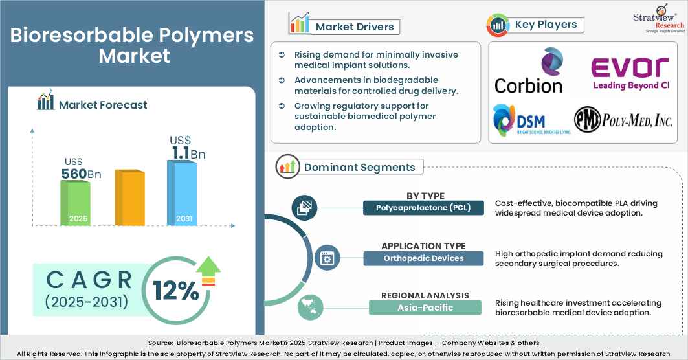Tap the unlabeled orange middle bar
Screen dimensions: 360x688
point(129,198)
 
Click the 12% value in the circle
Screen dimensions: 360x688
point(176,291)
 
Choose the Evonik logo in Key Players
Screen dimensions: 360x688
point(629,73)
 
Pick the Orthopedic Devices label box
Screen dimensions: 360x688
point(423,258)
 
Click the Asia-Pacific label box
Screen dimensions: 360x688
point(425,308)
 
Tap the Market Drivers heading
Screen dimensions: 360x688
point(354,27)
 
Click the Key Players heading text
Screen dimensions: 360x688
point(546,25)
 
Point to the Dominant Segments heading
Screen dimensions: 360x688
point(359,167)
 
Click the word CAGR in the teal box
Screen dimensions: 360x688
point(89,280)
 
